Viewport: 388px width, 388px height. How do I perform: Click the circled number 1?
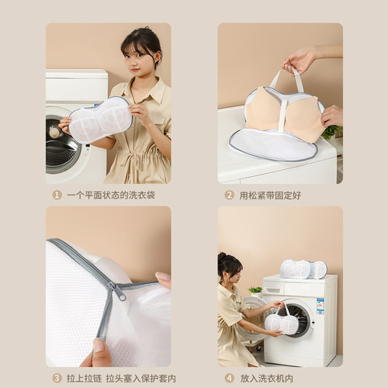tap(57, 195)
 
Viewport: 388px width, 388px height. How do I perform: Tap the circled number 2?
tap(230, 195)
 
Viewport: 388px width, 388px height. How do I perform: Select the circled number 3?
tap(57, 378)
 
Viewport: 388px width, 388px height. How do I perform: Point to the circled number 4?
tap(230, 378)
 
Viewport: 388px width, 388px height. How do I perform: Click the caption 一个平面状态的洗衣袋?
tap(110, 195)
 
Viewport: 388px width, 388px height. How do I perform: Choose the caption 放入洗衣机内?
tap(265, 378)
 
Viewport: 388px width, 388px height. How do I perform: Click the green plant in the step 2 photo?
tap(331, 132)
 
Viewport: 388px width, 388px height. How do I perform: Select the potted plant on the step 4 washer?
tap(255, 292)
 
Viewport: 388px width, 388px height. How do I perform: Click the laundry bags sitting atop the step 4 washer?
tap(303, 269)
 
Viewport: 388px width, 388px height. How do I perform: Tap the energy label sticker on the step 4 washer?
tap(320, 305)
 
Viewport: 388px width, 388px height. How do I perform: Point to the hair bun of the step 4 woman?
tap(222, 257)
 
